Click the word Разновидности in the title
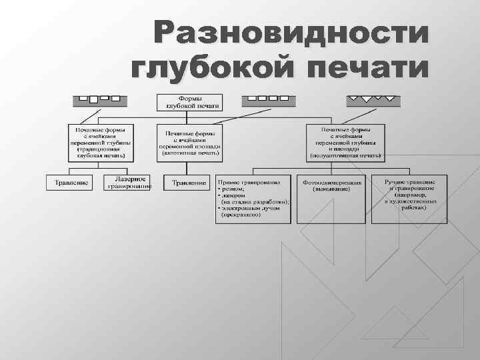pyautogui.click(x=288, y=33)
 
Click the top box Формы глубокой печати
pyautogui.click(x=190, y=102)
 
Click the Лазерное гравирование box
pyautogui.click(x=127, y=183)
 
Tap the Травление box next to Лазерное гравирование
pyautogui.click(x=72, y=183)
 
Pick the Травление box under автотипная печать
pyautogui.click(x=189, y=183)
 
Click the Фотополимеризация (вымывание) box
pyautogui.click(x=332, y=185)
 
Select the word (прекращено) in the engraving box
pyautogui.click(x=247, y=215)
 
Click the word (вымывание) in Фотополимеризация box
pyautogui.click(x=332, y=189)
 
